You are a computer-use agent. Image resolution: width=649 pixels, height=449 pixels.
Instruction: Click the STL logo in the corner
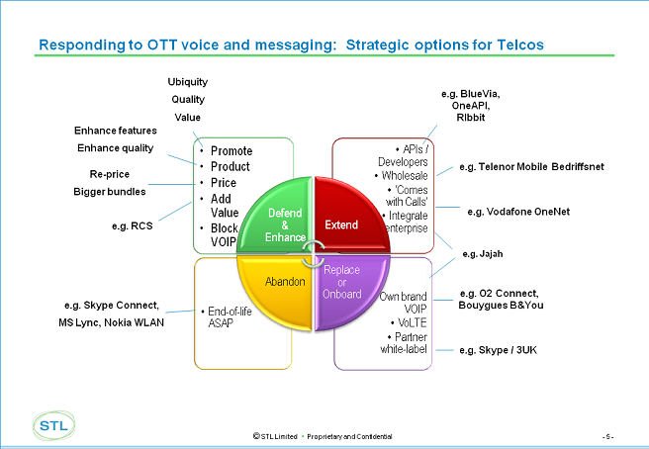click(53, 425)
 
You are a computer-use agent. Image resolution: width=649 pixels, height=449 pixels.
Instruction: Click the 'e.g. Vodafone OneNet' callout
click(518, 212)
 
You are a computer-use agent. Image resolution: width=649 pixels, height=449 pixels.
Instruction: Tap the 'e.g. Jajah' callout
click(483, 253)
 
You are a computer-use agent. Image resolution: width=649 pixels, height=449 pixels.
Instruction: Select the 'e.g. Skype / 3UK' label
click(498, 350)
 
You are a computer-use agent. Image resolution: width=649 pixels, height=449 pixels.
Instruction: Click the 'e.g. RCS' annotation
click(132, 225)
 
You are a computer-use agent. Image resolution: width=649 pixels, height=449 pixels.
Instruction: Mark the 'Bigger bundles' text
click(109, 192)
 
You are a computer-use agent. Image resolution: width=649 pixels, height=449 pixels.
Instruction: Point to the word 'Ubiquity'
click(188, 82)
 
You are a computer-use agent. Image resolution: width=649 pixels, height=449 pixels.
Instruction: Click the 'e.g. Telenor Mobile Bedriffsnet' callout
click(531, 167)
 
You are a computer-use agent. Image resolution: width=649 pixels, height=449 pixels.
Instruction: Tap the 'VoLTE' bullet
click(409, 322)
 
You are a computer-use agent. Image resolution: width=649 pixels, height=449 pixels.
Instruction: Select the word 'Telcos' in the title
click(520, 45)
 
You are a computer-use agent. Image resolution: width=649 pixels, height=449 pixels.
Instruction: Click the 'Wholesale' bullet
click(401, 175)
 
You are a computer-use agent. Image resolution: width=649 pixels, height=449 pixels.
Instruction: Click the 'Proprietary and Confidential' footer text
click(349, 436)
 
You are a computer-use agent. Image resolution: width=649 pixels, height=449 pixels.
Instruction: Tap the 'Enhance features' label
click(116, 131)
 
